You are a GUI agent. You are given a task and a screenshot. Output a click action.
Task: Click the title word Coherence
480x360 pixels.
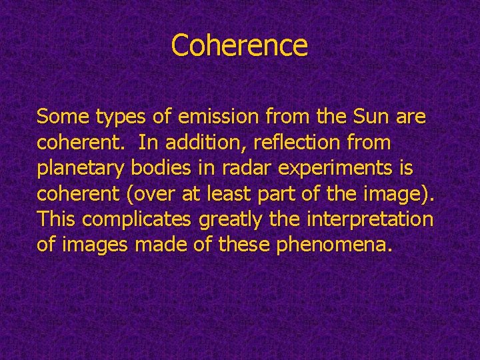[x=239, y=45]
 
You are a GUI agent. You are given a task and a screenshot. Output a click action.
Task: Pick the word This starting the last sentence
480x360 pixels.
[x=57, y=219]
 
